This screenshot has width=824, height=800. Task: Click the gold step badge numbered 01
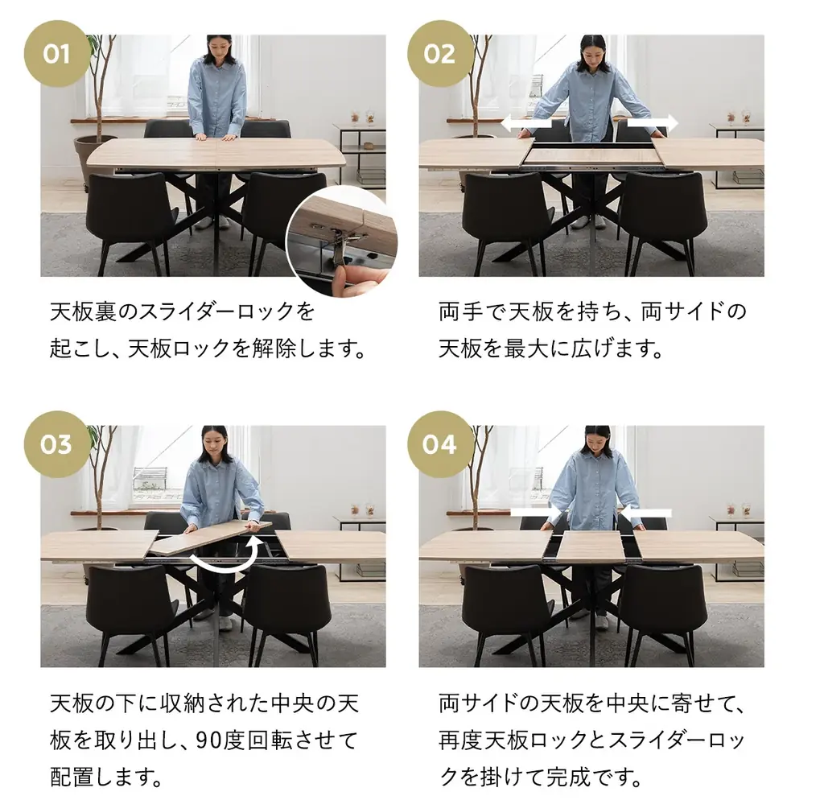point(56,54)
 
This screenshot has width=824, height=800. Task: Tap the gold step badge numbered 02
point(439,54)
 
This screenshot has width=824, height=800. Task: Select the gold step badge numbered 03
point(56,444)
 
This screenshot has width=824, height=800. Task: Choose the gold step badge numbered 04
point(439,444)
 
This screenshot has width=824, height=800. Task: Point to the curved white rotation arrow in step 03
point(228,559)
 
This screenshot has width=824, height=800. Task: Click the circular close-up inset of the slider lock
point(341,240)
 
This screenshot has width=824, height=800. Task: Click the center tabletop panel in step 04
point(591,546)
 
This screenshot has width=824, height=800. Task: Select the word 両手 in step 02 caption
point(458,311)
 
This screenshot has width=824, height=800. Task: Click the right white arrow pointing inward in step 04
point(648,513)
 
